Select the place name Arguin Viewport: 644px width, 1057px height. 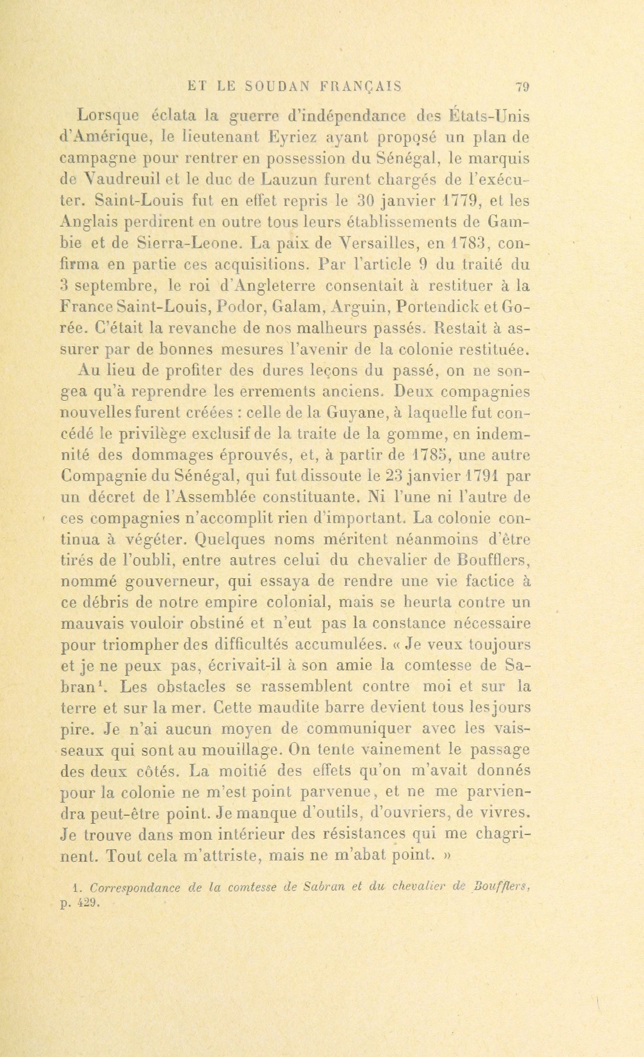(360, 307)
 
